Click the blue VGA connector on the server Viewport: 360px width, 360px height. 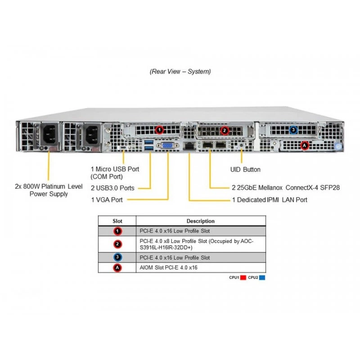pyautogui.click(x=167, y=145)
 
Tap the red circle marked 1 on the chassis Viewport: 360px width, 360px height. pyautogui.click(x=159, y=130)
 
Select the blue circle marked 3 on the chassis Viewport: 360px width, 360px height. pyautogui.click(x=293, y=130)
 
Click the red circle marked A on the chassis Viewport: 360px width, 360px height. pyautogui.click(x=305, y=145)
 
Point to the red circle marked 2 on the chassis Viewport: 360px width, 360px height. pyautogui.click(x=224, y=130)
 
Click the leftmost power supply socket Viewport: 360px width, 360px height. pyautogui.click(x=50, y=135)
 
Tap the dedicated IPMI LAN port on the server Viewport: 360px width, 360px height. pyautogui.click(x=189, y=146)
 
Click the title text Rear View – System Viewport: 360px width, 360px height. pyautogui.click(x=180, y=72)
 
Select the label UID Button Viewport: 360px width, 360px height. pyautogui.click(x=245, y=170)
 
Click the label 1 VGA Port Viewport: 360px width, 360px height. pyautogui.click(x=107, y=200)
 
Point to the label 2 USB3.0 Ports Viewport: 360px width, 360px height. pyautogui.click(x=112, y=188)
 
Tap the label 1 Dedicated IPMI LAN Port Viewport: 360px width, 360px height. pyautogui.click(x=270, y=200)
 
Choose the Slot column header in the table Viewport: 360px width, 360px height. pyautogui.click(x=117, y=221)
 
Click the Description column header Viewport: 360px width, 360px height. pyautogui.click(x=200, y=221)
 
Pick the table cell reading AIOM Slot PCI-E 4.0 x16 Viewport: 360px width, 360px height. pyautogui.click(x=168, y=267)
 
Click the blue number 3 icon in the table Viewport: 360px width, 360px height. pyautogui.click(x=117, y=257)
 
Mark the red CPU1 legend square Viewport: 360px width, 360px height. pyautogui.click(x=243, y=278)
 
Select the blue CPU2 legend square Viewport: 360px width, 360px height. pyautogui.click(x=262, y=278)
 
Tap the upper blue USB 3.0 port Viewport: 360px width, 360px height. pyautogui.click(x=149, y=142)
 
